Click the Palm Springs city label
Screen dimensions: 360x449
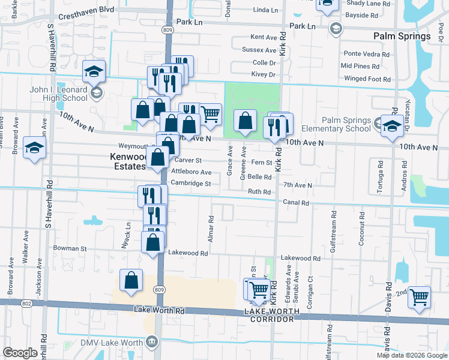402,36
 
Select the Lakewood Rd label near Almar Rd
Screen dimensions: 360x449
188,253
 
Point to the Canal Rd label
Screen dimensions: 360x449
296,203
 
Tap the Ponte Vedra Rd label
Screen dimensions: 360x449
366,54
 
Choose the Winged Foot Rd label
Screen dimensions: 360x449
367,79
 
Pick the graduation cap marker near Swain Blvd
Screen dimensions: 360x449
34,148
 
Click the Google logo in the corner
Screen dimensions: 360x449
20,353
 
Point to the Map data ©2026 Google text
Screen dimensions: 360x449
412,355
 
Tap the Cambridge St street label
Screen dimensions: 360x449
191,184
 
